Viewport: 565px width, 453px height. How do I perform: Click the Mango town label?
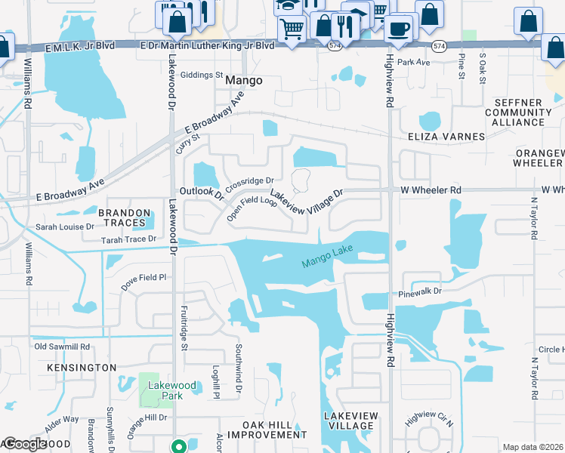click(243, 80)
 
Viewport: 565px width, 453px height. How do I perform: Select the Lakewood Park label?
click(171, 390)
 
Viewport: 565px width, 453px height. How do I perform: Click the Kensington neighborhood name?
click(82, 367)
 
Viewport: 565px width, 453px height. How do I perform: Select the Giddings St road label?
click(202, 75)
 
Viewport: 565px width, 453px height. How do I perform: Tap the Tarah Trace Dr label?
click(128, 239)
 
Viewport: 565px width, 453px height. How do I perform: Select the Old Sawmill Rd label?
click(62, 347)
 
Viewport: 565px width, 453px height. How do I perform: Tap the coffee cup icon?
click(398, 29)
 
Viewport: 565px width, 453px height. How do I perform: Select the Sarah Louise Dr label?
click(65, 226)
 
